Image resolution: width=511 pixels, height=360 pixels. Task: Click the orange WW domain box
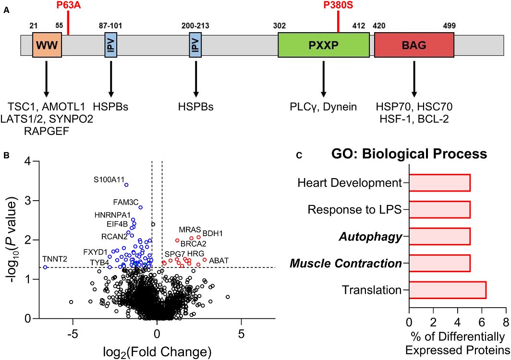click(47, 46)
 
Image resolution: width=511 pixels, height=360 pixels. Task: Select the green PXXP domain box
click(323, 46)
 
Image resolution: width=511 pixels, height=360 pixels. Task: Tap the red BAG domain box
click(414, 46)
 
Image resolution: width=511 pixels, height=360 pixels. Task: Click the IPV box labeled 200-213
click(195, 46)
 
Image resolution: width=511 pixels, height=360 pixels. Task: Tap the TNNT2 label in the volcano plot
click(54, 259)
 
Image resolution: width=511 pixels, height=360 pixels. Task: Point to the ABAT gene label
click(219, 260)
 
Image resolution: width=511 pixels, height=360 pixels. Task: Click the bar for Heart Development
click(439, 183)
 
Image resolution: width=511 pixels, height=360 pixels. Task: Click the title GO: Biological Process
click(409, 154)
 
